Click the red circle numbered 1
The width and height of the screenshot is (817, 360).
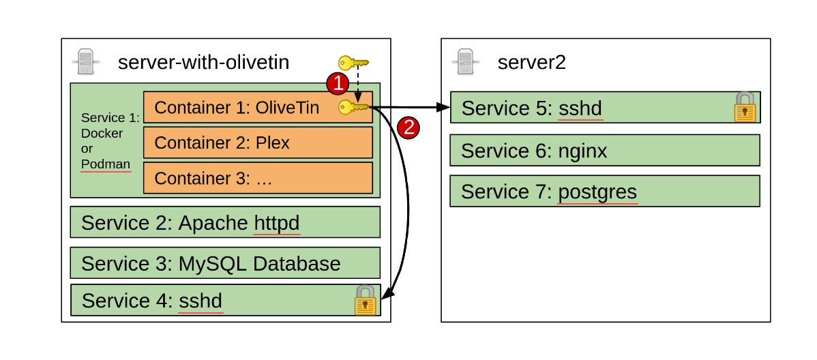click(x=338, y=84)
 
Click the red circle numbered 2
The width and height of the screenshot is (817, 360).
click(x=408, y=127)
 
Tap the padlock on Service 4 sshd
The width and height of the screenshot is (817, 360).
click(x=366, y=301)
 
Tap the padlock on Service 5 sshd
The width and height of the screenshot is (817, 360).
click(x=745, y=108)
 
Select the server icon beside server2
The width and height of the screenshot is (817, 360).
click(x=465, y=62)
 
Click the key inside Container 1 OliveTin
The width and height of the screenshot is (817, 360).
click(x=353, y=107)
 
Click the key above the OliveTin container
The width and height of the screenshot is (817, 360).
click(x=353, y=63)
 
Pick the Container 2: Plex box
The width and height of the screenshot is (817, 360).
click(x=258, y=142)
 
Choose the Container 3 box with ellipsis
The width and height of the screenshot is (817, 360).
click(x=258, y=178)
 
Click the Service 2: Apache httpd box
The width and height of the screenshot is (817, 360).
click(x=225, y=222)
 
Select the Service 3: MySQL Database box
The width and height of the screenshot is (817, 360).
click(x=225, y=263)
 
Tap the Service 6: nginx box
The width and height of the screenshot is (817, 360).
click(x=604, y=150)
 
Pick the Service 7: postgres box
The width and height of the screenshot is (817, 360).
click(x=604, y=192)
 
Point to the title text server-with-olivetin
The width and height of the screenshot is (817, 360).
click(x=203, y=63)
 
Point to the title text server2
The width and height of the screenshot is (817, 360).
click(x=531, y=63)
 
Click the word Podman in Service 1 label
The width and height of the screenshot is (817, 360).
click(x=105, y=164)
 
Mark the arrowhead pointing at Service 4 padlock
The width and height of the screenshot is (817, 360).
click(x=387, y=295)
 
